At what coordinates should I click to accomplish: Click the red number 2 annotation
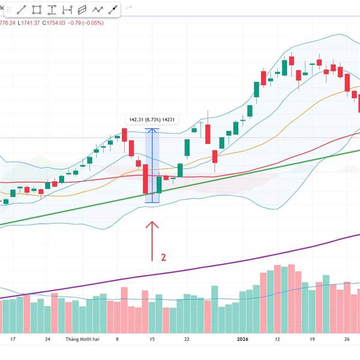point(163,257)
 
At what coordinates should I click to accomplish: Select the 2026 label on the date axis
point(242,339)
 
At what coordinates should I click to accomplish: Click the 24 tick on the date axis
point(47,339)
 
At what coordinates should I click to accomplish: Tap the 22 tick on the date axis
point(187,339)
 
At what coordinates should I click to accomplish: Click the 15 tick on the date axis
point(152,339)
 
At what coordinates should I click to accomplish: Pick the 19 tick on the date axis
point(312,339)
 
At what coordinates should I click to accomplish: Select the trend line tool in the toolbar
point(22,10)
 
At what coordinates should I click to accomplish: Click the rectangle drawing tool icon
point(37,10)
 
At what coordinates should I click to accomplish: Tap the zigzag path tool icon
point(98,10)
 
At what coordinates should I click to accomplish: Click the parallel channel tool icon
point(82,10)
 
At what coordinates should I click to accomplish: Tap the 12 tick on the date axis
point(277,339)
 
